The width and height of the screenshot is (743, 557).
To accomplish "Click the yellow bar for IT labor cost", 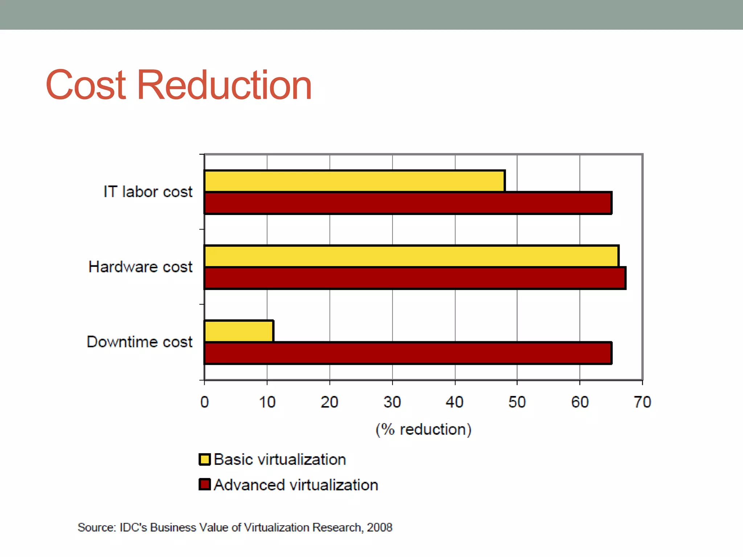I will pos(354,181).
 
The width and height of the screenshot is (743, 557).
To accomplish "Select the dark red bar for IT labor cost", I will pos(408,203).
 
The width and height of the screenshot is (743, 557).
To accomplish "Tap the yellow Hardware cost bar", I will pos(411,256).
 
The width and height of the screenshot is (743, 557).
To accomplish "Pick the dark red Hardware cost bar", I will pos(415,278).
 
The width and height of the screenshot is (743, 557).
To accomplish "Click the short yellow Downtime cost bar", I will pos(239,331).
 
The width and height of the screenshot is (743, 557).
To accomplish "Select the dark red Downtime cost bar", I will pos(408,353).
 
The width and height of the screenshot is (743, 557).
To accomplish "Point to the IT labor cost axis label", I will pos(148,192).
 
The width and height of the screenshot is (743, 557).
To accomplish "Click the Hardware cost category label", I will pos(140,267).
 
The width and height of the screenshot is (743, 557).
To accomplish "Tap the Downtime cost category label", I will pos(140,342).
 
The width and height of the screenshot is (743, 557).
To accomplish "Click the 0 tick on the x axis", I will pos(205,402).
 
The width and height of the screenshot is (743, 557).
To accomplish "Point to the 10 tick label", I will pos(267,402).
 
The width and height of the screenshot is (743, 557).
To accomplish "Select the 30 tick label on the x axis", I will pos(392,402).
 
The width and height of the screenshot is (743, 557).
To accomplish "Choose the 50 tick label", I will pos(517,402).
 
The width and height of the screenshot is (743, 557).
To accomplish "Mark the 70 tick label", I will pos(643,402).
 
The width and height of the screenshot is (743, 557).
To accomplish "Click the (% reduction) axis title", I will pos(423,429).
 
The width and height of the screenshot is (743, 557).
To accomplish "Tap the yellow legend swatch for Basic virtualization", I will pos(205,459).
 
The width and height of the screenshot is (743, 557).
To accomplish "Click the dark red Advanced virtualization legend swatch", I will pos(205,484).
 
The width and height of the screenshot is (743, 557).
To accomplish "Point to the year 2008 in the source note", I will pos(379,527).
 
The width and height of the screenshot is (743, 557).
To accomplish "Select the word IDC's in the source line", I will pos(133,527).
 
